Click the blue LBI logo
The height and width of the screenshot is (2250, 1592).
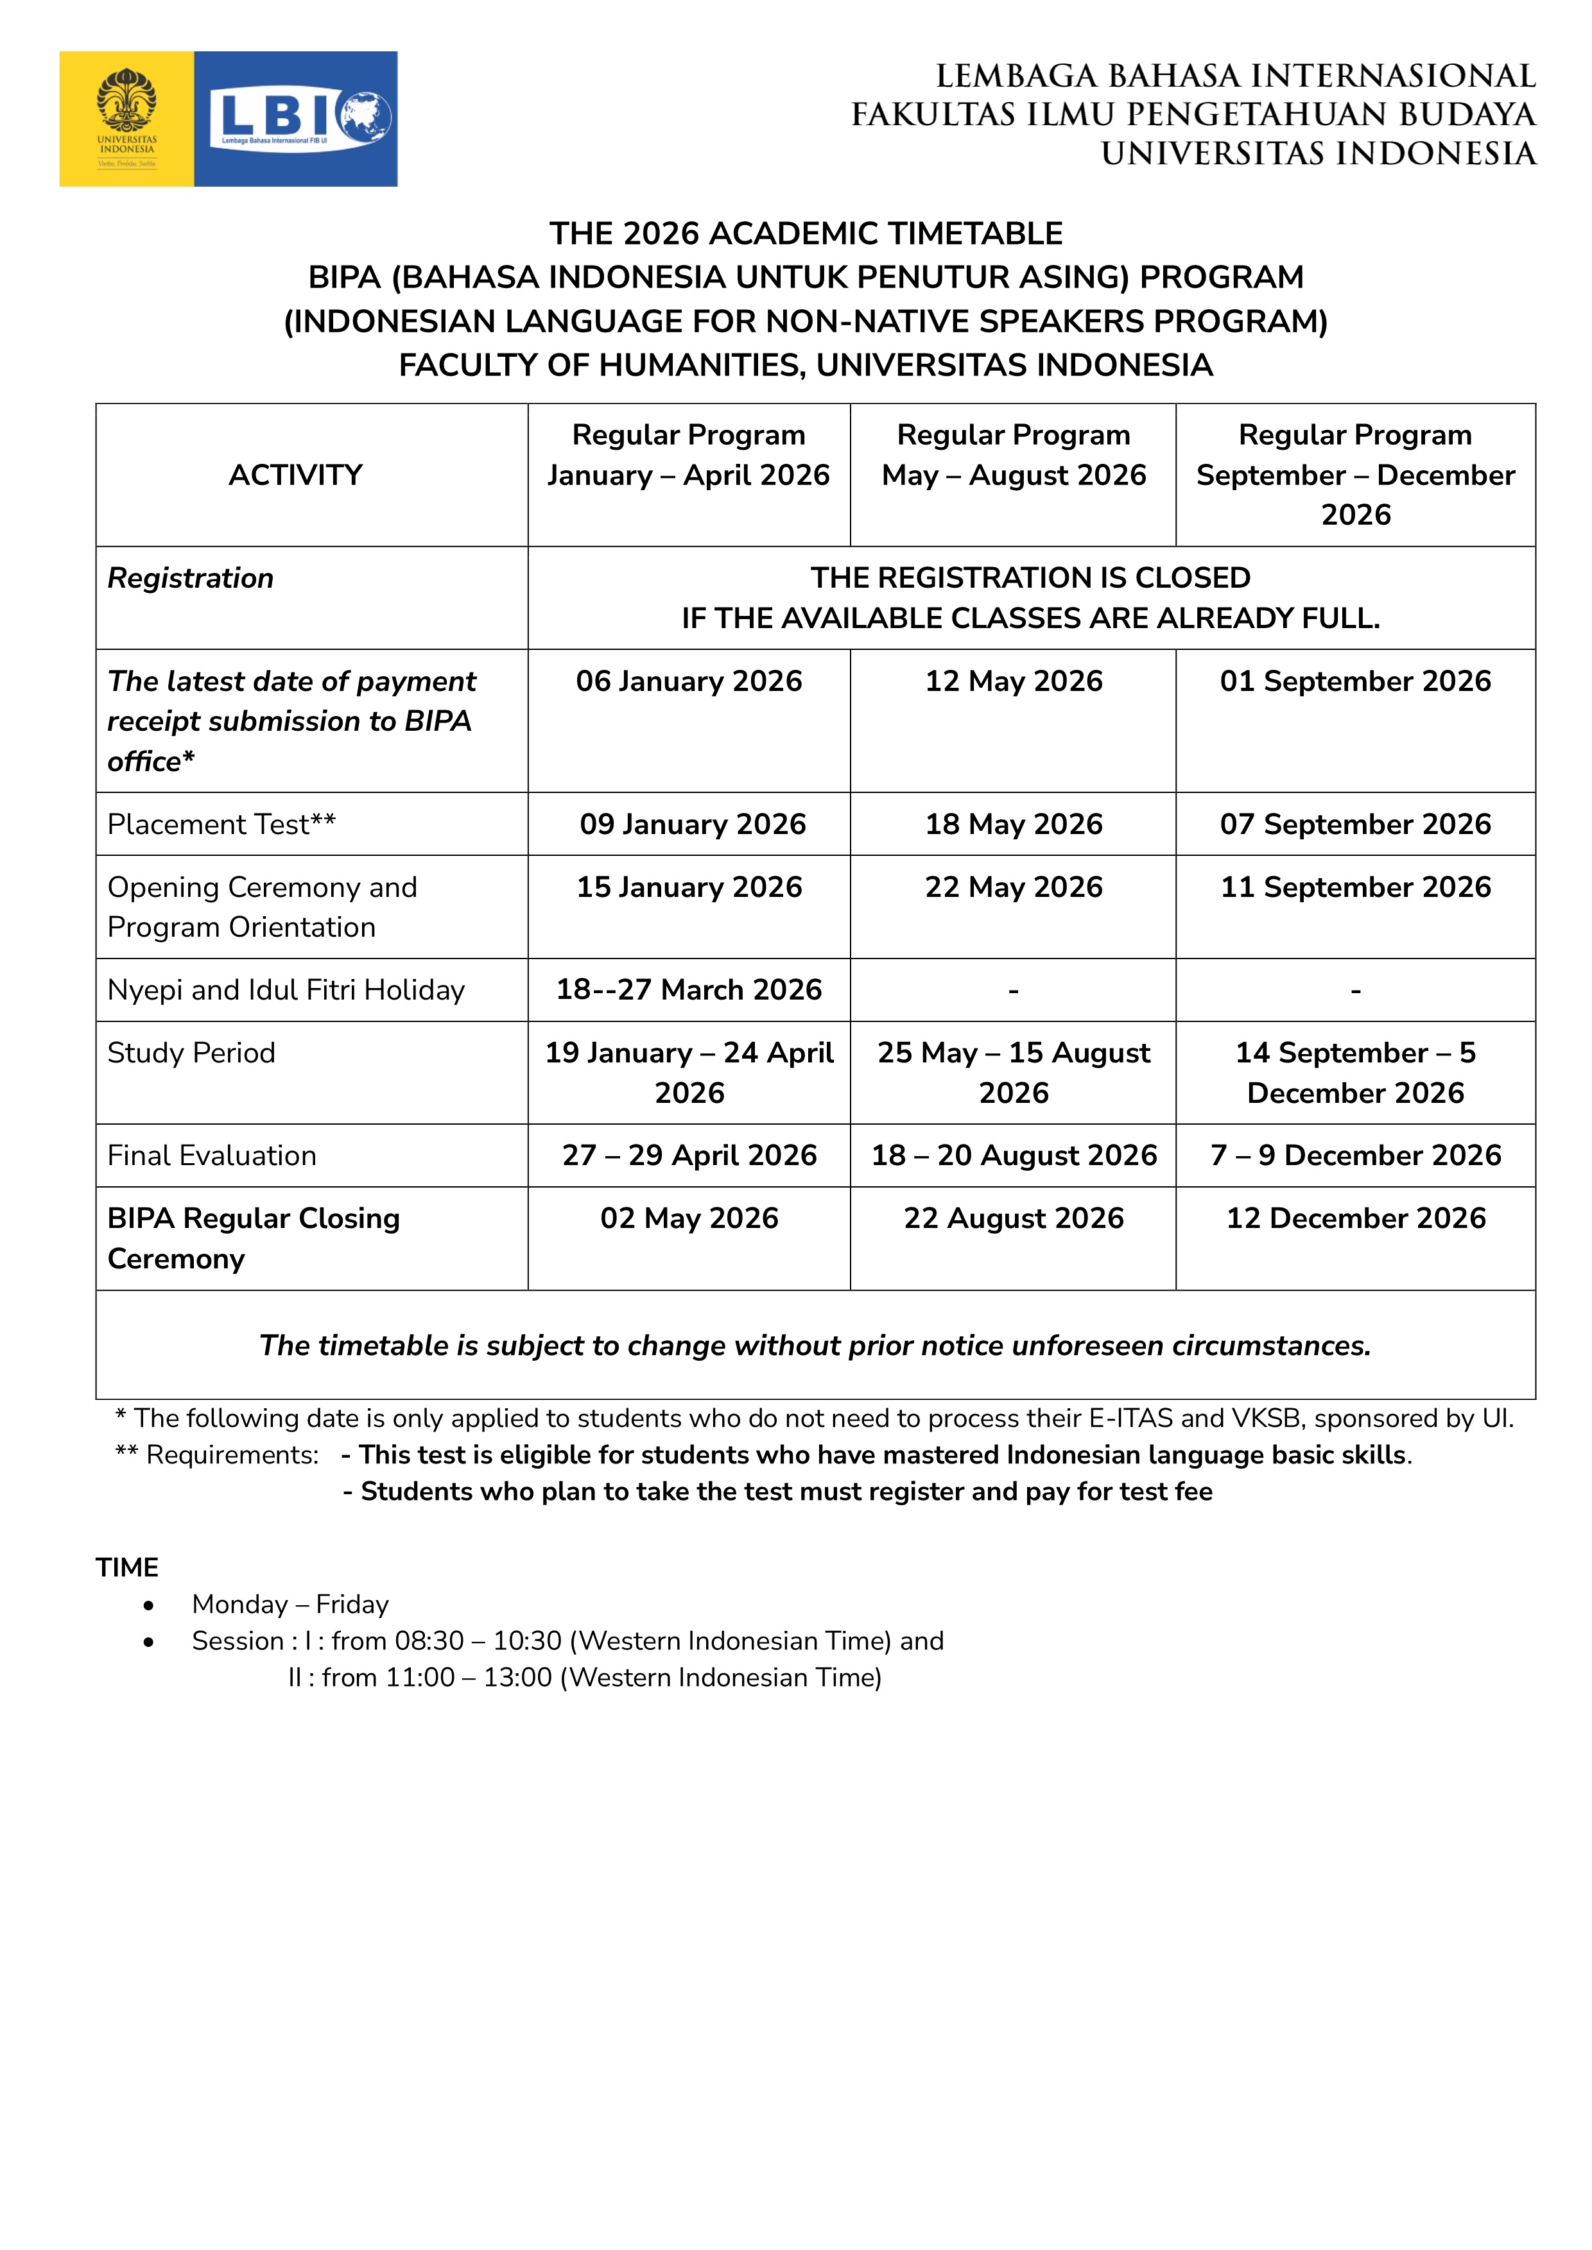coord(296,119)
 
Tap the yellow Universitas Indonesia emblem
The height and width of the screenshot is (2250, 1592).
coord(126,119)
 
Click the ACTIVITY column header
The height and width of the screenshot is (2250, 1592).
coord(295,475)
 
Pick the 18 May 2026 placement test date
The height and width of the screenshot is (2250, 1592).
coord(1014,824)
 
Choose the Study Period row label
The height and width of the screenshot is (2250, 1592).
coord(191,1052)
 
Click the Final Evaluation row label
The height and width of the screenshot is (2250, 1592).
coord(212,1155)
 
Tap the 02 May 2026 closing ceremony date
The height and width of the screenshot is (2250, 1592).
coord(689,1218)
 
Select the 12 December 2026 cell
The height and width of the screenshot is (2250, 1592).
coord(1356,1218)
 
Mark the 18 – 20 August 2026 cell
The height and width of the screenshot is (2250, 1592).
coord(1014,1155)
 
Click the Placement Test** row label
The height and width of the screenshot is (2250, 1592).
coord(221,824)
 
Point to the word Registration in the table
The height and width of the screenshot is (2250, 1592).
coord(190,578)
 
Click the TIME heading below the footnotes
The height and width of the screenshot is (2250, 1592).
coord(126,1567)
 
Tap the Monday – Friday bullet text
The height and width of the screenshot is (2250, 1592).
coord(290,1604)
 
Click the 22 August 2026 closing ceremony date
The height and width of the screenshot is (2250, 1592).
coord(1014,1218)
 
